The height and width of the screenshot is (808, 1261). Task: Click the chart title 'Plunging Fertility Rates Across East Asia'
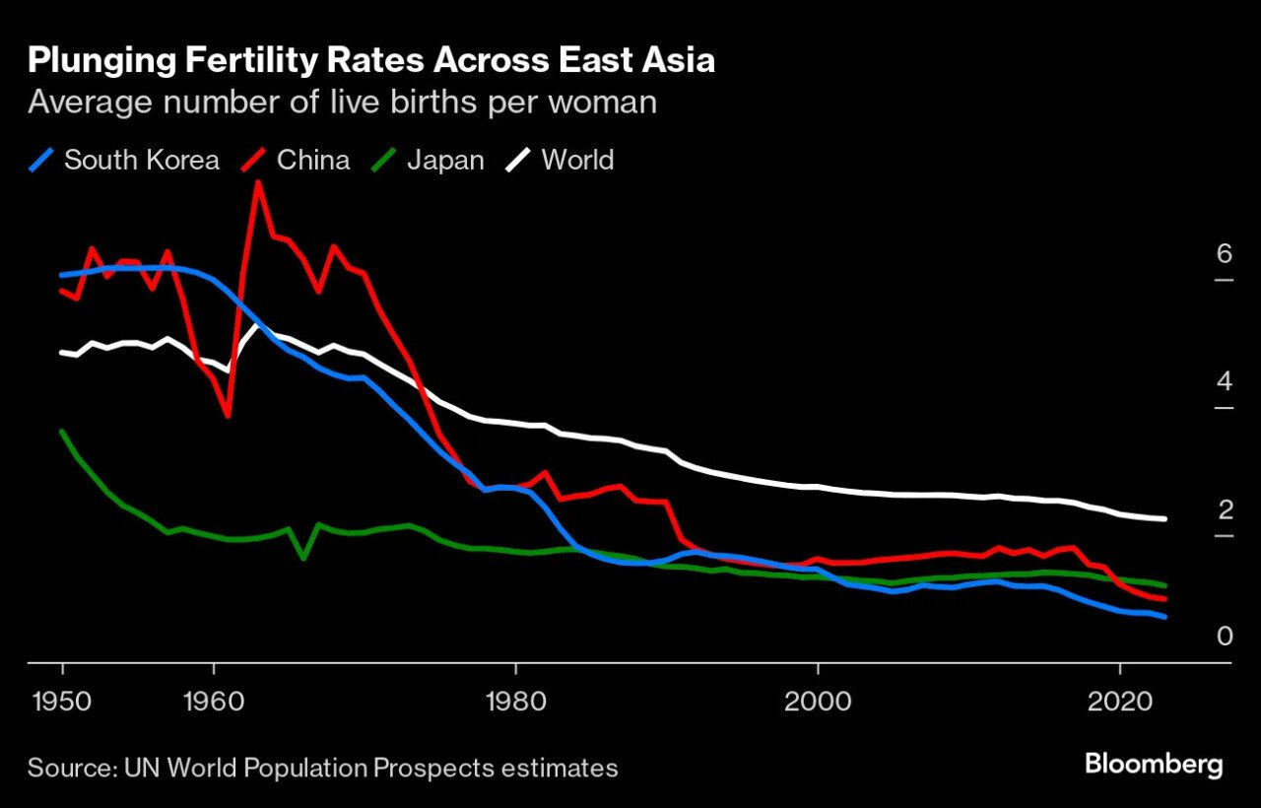(x=370, y=61)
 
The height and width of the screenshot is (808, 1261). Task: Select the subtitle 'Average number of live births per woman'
(x=342, y=102)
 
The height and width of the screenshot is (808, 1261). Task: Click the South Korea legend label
(x=141, y=160)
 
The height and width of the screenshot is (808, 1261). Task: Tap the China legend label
(x=313, y=160)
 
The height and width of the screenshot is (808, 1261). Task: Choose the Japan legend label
(x=445, y=160)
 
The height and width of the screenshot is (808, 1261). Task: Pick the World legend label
(x=577, y=160)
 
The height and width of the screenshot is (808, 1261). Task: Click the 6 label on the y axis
(x=1197, y=254)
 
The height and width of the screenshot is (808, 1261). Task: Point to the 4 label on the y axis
(x=1197, y=381)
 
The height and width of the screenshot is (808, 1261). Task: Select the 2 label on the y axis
(x=1197, y=509)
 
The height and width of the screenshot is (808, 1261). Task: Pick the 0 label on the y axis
(x=1197, y=637)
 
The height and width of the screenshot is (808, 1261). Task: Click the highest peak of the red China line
(x=258, y=182)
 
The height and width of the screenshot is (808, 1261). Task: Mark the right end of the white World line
(x=1165, y=519)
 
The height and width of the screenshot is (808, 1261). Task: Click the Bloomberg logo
(x=1153, y=764)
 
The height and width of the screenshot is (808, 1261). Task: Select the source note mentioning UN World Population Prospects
(x=322, y=768)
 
